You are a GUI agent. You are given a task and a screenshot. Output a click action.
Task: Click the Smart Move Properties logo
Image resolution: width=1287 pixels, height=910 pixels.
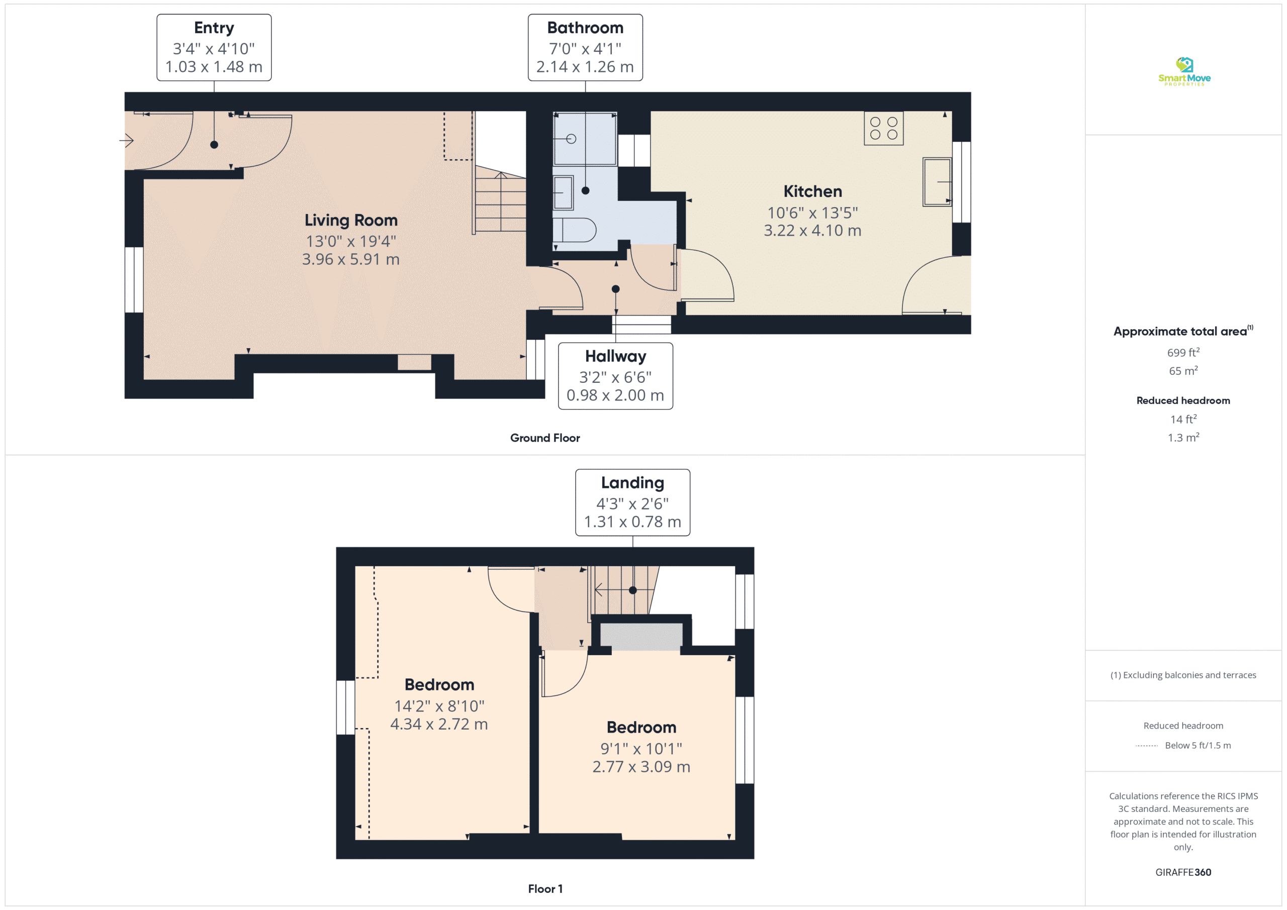pos(1184,71)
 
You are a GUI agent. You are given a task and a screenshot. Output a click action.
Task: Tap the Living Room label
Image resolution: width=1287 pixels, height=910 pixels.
pos(351,220)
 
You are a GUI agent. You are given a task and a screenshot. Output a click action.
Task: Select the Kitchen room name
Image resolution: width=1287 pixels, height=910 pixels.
pos(812,191)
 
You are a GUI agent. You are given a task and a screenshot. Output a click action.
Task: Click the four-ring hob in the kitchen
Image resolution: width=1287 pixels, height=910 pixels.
pos(883,128)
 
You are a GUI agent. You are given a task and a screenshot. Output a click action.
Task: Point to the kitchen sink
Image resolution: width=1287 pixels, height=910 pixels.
pos(937,182)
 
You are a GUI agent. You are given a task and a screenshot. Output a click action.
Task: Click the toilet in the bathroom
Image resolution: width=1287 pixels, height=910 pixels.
pos(574,230)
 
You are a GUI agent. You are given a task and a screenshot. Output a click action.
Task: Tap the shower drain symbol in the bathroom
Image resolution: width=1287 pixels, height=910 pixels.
pos(571,139)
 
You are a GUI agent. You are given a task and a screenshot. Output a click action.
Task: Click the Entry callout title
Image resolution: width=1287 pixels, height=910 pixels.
pos(214,28)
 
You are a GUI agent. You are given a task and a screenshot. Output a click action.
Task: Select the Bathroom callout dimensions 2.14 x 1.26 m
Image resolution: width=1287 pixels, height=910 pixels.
pos(585,67)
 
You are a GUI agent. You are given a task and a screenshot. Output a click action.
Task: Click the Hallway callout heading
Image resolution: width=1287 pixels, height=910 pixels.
pos(615,356)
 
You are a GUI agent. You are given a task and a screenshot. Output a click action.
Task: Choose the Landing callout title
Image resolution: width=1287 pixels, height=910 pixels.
pos(632,483)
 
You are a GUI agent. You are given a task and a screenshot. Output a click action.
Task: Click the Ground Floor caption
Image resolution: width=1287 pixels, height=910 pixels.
pos(545,438)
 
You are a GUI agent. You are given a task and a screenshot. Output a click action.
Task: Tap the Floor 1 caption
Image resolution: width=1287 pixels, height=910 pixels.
pos(545,889)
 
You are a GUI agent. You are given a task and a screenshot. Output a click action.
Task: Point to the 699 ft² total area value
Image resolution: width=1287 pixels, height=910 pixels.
pos(1183,352)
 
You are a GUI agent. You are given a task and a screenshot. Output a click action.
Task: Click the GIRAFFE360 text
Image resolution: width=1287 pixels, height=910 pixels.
pos(1183,872)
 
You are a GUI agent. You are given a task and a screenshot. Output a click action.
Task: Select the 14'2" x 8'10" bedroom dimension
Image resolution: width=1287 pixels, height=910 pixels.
pos(439,706)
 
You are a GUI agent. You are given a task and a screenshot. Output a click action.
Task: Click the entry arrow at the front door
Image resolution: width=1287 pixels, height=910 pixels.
pos(127,140)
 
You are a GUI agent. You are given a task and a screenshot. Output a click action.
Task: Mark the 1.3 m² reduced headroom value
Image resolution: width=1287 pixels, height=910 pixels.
pos(1183,438)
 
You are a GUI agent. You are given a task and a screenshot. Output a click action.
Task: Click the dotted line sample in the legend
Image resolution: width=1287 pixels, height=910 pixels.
pos(1147,746)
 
